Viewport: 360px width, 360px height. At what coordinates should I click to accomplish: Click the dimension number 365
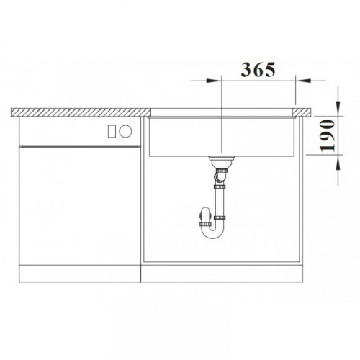[x=258, y=70]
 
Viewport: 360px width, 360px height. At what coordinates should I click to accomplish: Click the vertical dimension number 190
[x=328, y=135]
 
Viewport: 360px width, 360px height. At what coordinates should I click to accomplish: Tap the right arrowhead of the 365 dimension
[x=303, y=81]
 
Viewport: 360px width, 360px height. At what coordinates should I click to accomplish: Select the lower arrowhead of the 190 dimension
[x=338, y=162]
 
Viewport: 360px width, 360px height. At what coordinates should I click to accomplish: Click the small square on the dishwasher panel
[x=112, y=131]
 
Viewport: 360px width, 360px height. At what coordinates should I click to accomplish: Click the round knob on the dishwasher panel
[x=125, y=131]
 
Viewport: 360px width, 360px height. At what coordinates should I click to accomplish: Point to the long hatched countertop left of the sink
[x=81, y=112]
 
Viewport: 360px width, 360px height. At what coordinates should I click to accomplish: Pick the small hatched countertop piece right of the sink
[x=302, y=112]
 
